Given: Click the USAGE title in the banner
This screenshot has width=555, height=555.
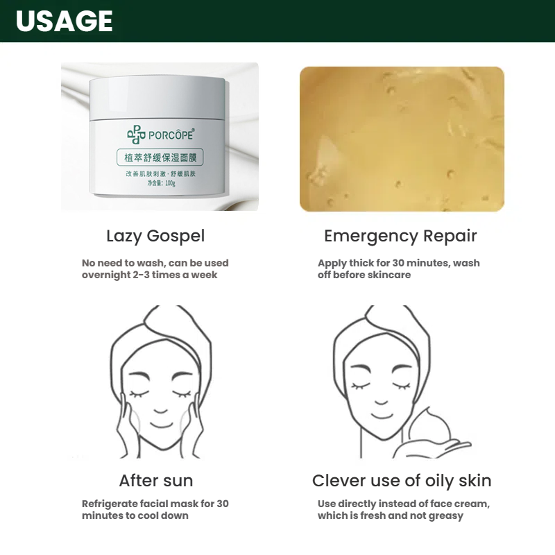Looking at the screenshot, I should (x=64, y=21).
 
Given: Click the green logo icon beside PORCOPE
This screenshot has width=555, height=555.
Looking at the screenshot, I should (x=135, y=135).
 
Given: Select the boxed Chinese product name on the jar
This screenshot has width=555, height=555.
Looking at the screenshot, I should (x=159, y=157).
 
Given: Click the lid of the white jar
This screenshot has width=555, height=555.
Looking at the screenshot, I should (x=157, y=97).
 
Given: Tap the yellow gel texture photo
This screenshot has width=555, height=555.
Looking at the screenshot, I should (x=402, y=139).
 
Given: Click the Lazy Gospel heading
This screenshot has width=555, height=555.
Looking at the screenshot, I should (x=155, y=236).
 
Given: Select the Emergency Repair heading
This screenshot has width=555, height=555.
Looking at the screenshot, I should (x=400, y=236).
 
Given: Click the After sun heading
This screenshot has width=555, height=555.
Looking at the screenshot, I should (x=155, y=480).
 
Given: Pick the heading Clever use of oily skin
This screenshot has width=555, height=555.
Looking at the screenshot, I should (x=402, y=480).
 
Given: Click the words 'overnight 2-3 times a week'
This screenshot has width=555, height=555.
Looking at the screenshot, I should (x=149, y=275).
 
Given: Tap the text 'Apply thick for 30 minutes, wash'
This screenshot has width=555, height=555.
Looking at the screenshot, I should (x=398, y=263).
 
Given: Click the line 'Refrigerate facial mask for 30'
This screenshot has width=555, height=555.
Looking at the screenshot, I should (x=155, y=504).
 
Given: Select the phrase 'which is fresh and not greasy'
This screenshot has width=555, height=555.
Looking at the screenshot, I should (x=391, y=515).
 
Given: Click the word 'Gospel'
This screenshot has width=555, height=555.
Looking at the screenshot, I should (x=177, y=236).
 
